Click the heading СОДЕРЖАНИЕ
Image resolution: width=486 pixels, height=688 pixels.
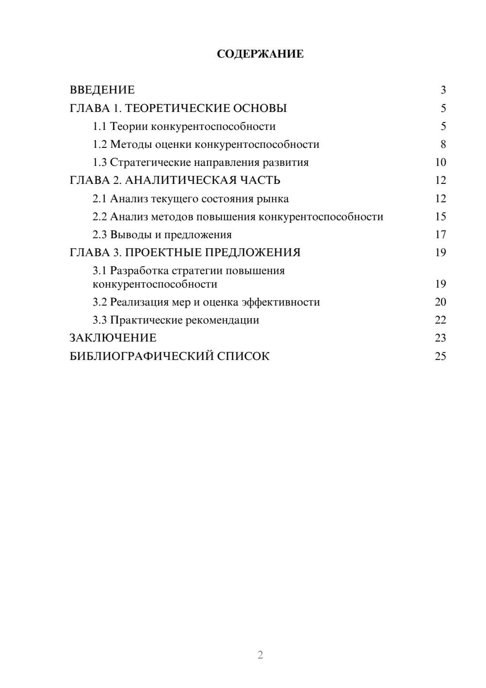(x=260, y=54)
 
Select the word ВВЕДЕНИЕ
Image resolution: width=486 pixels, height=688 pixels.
(x=102, y=90)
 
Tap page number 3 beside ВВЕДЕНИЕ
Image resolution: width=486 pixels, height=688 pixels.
(x=443, y=90)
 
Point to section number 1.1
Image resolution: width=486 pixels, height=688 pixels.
(x=100, y=127)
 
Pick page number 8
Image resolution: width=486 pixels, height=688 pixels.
(x=443, y=145)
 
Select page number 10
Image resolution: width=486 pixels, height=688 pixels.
(x=440, y=163)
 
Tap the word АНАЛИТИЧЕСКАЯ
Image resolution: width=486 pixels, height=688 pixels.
(x=179, y=181)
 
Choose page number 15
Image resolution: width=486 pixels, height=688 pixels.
(x=440, y=217)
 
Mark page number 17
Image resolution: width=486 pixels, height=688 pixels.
(x=440, y=235)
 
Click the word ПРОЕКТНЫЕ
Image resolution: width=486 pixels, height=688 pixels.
(x=165, y=253)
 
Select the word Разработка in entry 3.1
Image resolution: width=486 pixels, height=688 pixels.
(x=139, y=271)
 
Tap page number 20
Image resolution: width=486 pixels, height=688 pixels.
(x=440, y=302)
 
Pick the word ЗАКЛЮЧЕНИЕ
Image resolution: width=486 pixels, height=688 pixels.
(x=113, y=338)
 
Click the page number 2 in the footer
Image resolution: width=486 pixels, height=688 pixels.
(x=260, y=655)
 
